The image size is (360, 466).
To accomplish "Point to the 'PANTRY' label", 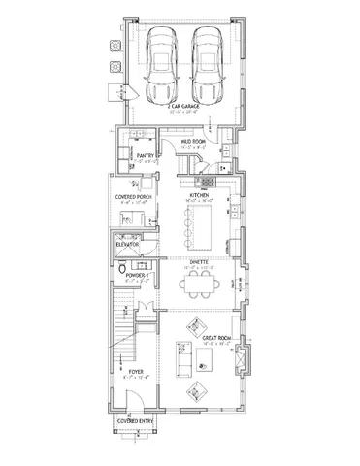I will pos(147,154).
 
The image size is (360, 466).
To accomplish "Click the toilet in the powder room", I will pos(120,270).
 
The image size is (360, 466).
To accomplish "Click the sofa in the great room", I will pos(180,358).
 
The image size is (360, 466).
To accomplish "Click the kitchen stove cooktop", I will pos(206,181).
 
